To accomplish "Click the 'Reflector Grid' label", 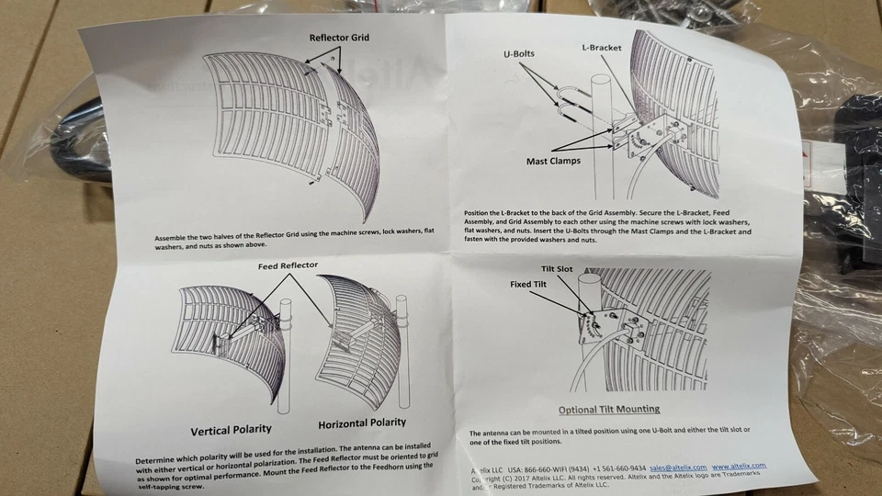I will click(341, 39).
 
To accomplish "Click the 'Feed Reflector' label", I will click(287, 265).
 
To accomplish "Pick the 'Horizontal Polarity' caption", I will click(361, 423).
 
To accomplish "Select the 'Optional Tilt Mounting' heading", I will click(609, 410).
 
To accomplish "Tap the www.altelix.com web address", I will click(738, 466).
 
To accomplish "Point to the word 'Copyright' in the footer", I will click(489, 479).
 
